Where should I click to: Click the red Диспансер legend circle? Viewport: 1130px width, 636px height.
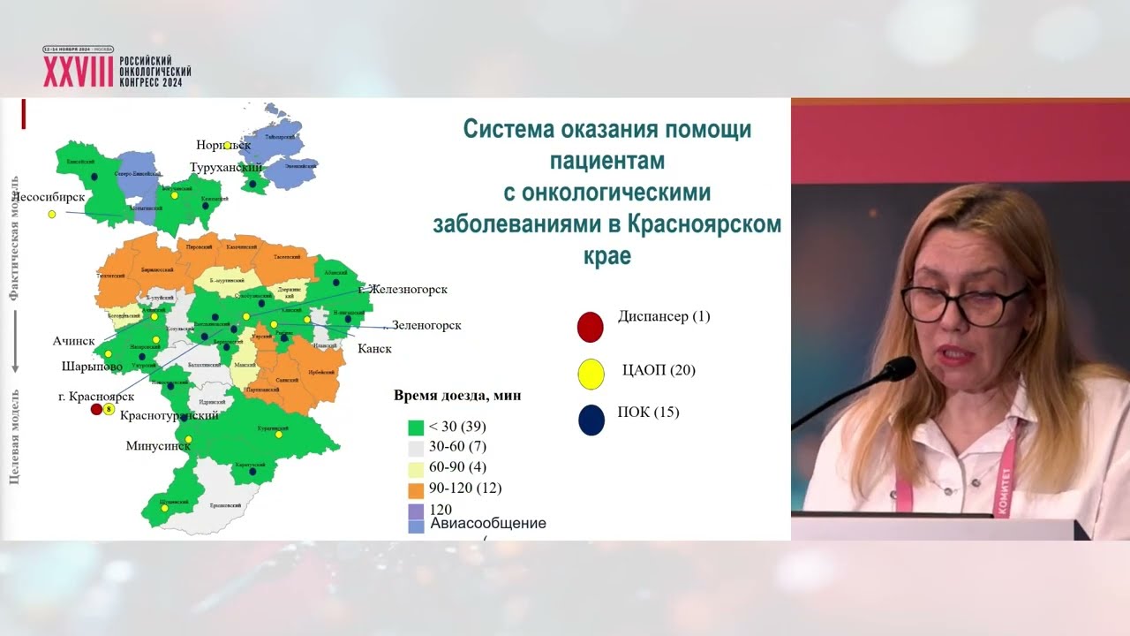[590, 327]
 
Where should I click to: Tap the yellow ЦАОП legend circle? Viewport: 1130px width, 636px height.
[591, 375]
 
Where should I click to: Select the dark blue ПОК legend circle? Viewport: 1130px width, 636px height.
[591, 420]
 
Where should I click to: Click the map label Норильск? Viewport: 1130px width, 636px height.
[224, 144]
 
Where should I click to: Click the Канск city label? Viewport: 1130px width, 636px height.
[374, 348]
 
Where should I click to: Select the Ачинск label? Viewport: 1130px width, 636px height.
[73, 340]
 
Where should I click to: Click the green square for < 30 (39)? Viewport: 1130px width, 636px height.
[416, 427]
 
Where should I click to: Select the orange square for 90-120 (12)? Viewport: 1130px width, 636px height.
[416, 488]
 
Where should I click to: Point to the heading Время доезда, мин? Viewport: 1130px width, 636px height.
[456, 395]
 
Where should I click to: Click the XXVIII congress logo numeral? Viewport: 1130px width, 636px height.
[78, 72]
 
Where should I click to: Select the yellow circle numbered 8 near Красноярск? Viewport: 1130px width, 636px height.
[109, 409]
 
